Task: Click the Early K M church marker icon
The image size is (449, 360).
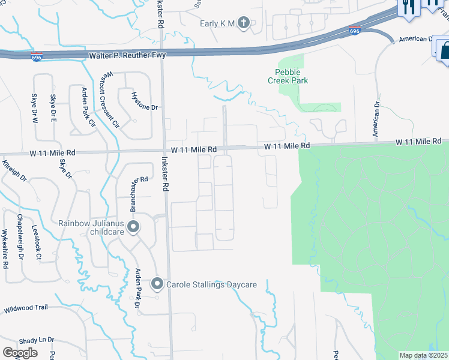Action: tap(243, 23)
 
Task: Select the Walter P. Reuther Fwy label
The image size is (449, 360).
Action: tap(127, 55)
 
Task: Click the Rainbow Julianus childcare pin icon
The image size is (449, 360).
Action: tap(133, 227)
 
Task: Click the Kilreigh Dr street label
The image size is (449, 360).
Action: tap(14, 171)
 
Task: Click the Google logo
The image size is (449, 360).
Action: tap(20, 353)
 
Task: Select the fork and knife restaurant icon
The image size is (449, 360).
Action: tap(409, 7)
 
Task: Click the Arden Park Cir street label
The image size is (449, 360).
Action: tap(89, 109)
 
